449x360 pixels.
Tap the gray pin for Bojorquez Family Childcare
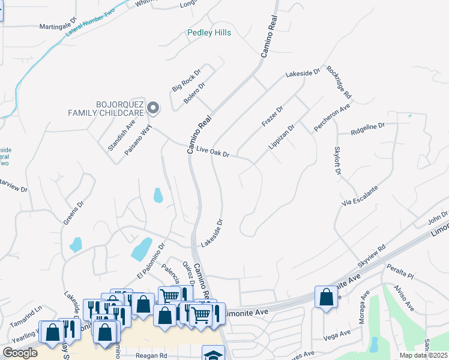153,108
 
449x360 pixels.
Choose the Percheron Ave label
332,118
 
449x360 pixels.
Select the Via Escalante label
360,196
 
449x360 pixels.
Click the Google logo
20,353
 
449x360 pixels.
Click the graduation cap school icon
213,354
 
